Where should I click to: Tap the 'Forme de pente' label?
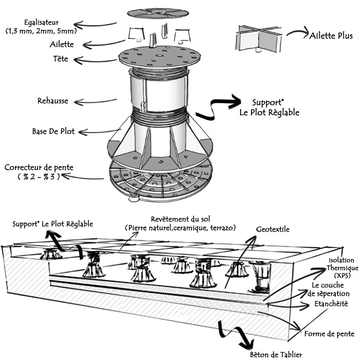[329, 334]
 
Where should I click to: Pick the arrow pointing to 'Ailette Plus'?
[294, 33]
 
